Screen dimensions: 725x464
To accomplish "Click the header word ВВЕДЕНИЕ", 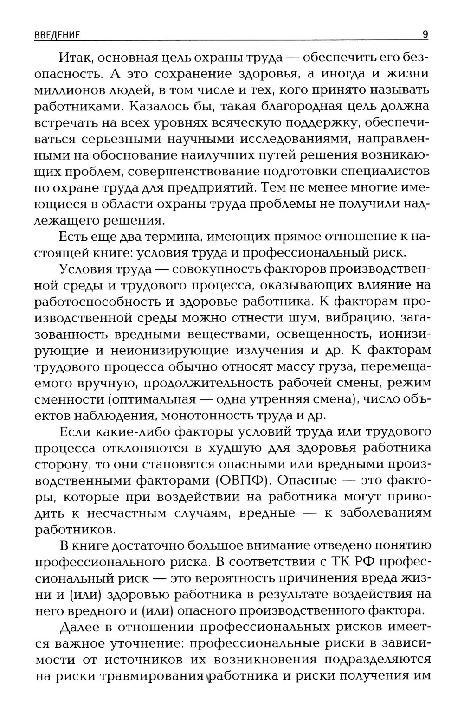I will tap(57, 35).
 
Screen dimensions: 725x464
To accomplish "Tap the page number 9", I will tap(425, 35).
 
